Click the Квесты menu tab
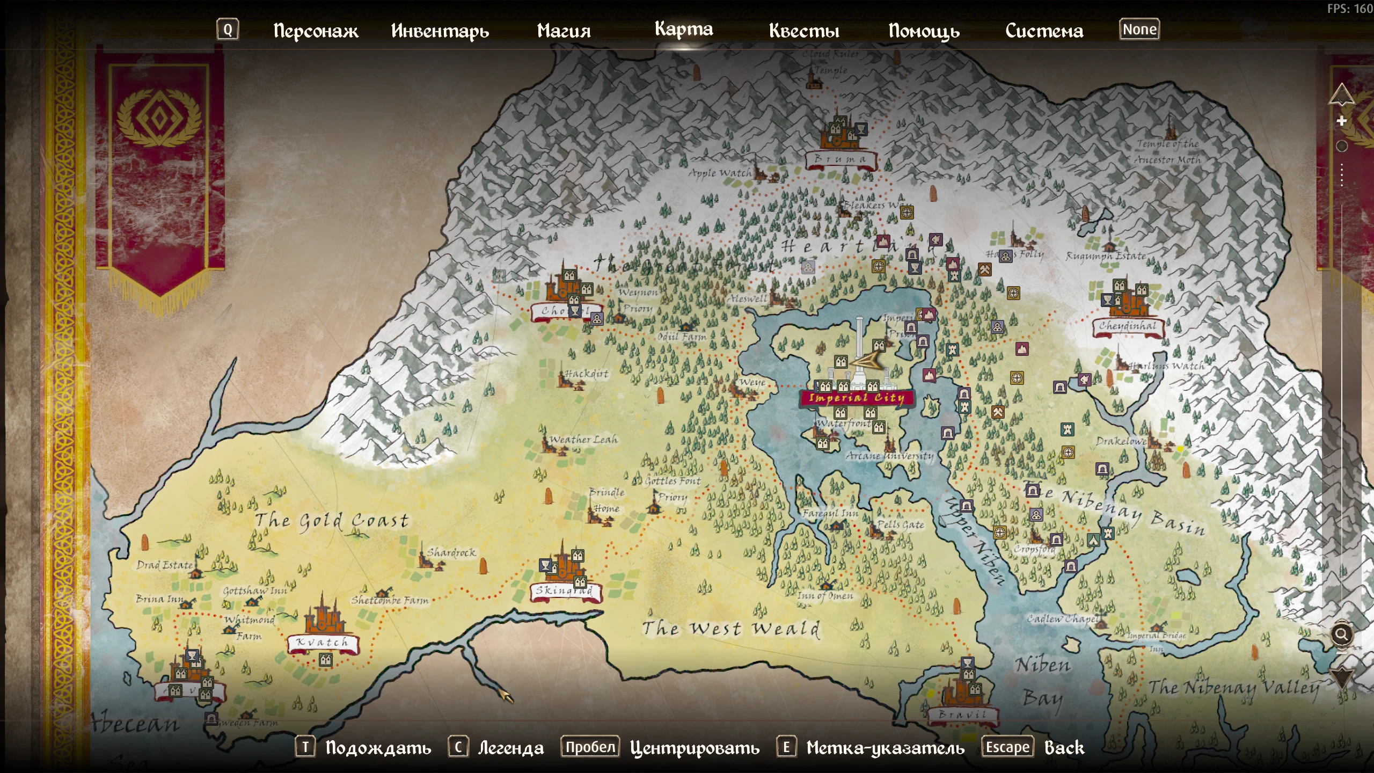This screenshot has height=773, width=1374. (x=803, y=31)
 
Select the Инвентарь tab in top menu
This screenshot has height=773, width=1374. (x=440, y=31)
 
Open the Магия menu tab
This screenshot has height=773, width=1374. (x=564, y=31)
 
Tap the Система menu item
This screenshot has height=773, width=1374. (x=1044, y=31)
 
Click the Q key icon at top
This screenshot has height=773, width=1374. (x=228, y=30)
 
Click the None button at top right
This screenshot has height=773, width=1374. (x=1139, y=30)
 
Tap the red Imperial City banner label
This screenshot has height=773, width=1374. (x=857, y=398)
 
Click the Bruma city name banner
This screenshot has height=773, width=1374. (x=841, y=159)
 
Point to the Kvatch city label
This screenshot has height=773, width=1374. (x=322, y=642)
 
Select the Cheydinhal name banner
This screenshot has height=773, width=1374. (x=1127, y=326)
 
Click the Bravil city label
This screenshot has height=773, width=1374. (x=963, y=715)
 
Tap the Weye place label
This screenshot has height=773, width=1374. (x=752, y=382)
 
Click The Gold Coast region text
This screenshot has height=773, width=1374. (x=331, y=520)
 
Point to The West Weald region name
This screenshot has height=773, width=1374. (x=731, y=628)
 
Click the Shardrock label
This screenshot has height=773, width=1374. (x=451, y=552)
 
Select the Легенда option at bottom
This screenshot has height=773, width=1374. (x=510, y=748)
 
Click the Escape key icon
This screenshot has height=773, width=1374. (x=1007, y=747)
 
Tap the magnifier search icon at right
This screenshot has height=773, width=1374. (x=1341, y=635)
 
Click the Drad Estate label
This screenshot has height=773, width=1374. (x=164, y=565)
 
